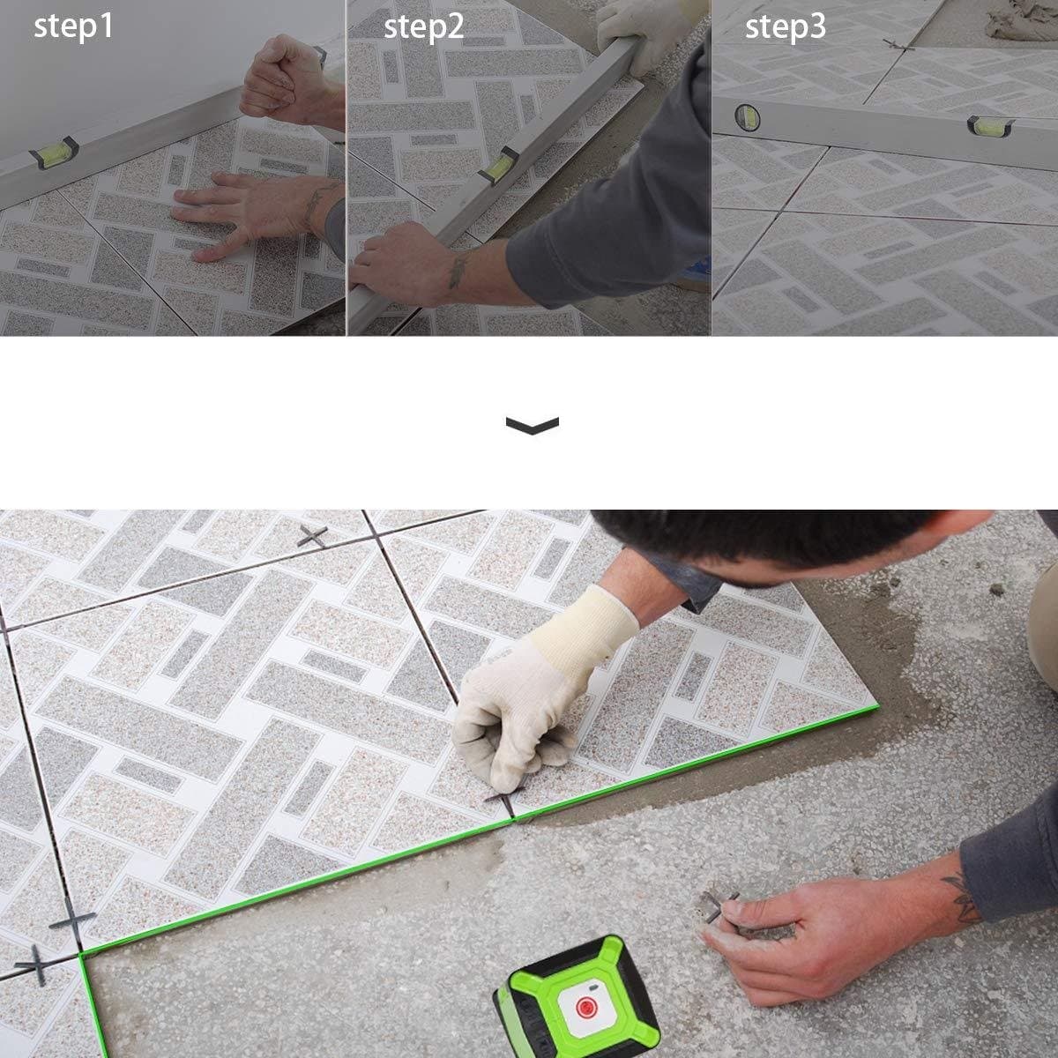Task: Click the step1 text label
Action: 73,26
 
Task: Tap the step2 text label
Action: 424,26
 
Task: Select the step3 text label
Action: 786,26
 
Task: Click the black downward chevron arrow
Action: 532,425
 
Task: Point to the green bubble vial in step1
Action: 54,152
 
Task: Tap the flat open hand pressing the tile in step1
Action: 247,214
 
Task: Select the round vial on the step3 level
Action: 748,118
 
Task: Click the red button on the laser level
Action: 586,1007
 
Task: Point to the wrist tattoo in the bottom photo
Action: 962,899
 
